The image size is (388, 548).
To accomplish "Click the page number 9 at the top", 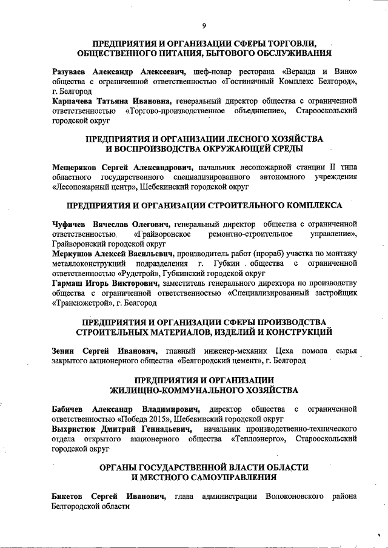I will [204, 25].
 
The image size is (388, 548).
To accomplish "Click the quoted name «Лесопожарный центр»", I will [94, 187].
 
